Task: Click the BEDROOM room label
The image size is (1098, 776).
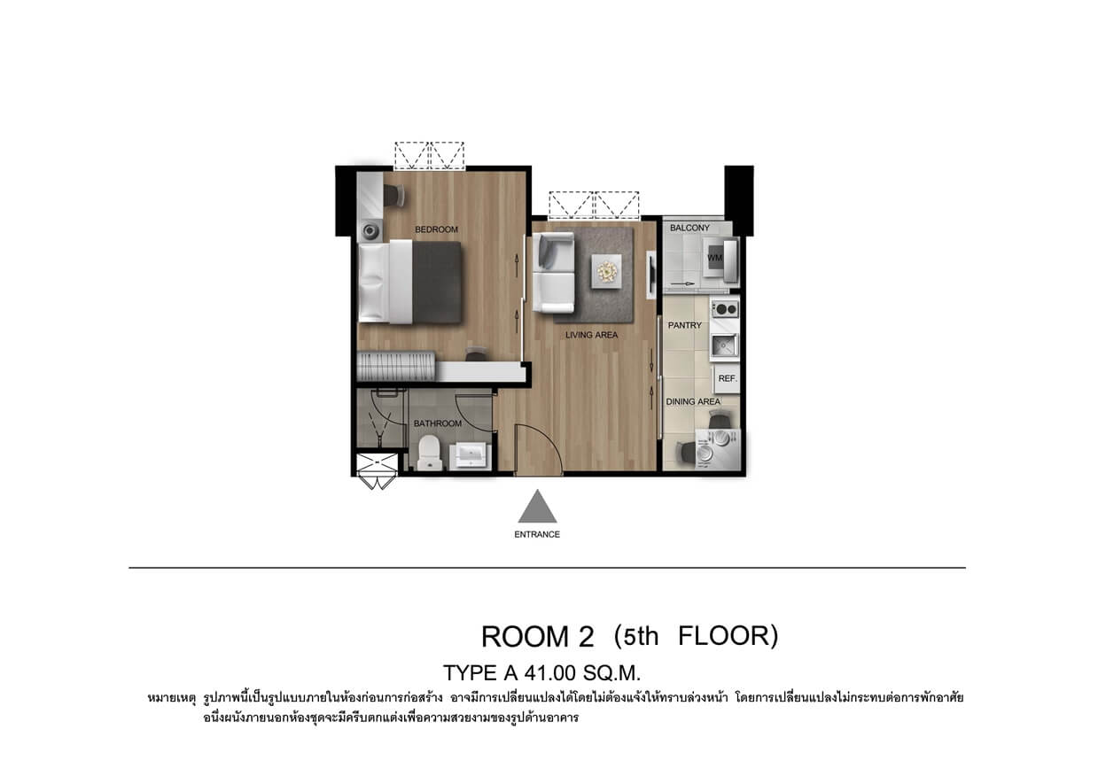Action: (436, 229)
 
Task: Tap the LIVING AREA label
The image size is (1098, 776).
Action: (592, 335)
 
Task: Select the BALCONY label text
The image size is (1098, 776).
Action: (689, 228)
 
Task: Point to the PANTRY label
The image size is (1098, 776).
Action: (685, 325)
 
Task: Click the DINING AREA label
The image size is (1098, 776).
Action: (693, 401)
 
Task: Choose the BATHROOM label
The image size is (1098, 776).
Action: (438, 423)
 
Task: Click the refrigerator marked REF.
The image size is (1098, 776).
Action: (727, 378)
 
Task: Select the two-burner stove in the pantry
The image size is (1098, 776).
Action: (725, 309)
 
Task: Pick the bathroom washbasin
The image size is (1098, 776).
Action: (471, 455)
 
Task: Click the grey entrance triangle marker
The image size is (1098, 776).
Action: (537, 507)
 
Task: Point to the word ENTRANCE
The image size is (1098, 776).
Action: (537, 534)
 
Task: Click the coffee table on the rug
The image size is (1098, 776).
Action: (607, 271)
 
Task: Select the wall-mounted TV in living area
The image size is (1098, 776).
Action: (651, 275)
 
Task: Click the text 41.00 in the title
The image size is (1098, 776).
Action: (549, 673)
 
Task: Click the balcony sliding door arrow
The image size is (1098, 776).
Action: (682, 283)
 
